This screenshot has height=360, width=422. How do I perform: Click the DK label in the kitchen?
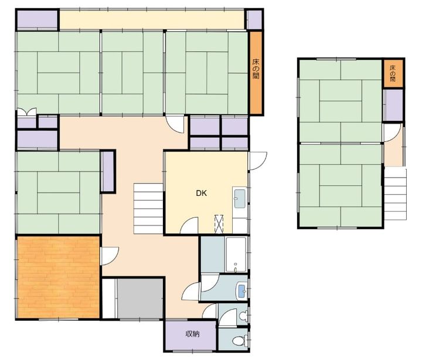(201, 193)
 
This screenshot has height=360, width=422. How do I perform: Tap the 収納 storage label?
(192, 334)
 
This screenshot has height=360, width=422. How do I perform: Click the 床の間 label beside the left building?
(256, 69)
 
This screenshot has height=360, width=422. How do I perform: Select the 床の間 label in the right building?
(393, 73)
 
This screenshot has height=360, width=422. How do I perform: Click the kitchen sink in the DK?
(240, 199)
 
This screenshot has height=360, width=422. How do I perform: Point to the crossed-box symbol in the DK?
(219, 223)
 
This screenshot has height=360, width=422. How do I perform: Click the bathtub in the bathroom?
(236, 254)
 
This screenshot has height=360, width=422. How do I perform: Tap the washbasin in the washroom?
(241, 291)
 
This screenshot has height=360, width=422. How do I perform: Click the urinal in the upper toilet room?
(244, 315)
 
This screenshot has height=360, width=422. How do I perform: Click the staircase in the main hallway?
(148, 209)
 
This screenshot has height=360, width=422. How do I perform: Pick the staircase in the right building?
(395, 195)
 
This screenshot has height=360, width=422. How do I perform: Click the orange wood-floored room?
(59, 277)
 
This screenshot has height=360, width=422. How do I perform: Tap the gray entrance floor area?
(140, 298)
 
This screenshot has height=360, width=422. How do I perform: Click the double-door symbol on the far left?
(26, 112)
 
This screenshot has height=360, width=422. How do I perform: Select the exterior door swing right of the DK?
(258, 161)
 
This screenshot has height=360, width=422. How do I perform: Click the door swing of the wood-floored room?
(110, 256)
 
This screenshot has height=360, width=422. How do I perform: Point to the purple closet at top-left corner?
(38, 19)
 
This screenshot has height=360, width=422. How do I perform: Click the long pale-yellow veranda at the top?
(152, 20)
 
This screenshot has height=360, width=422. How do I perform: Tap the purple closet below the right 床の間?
(393, 105)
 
